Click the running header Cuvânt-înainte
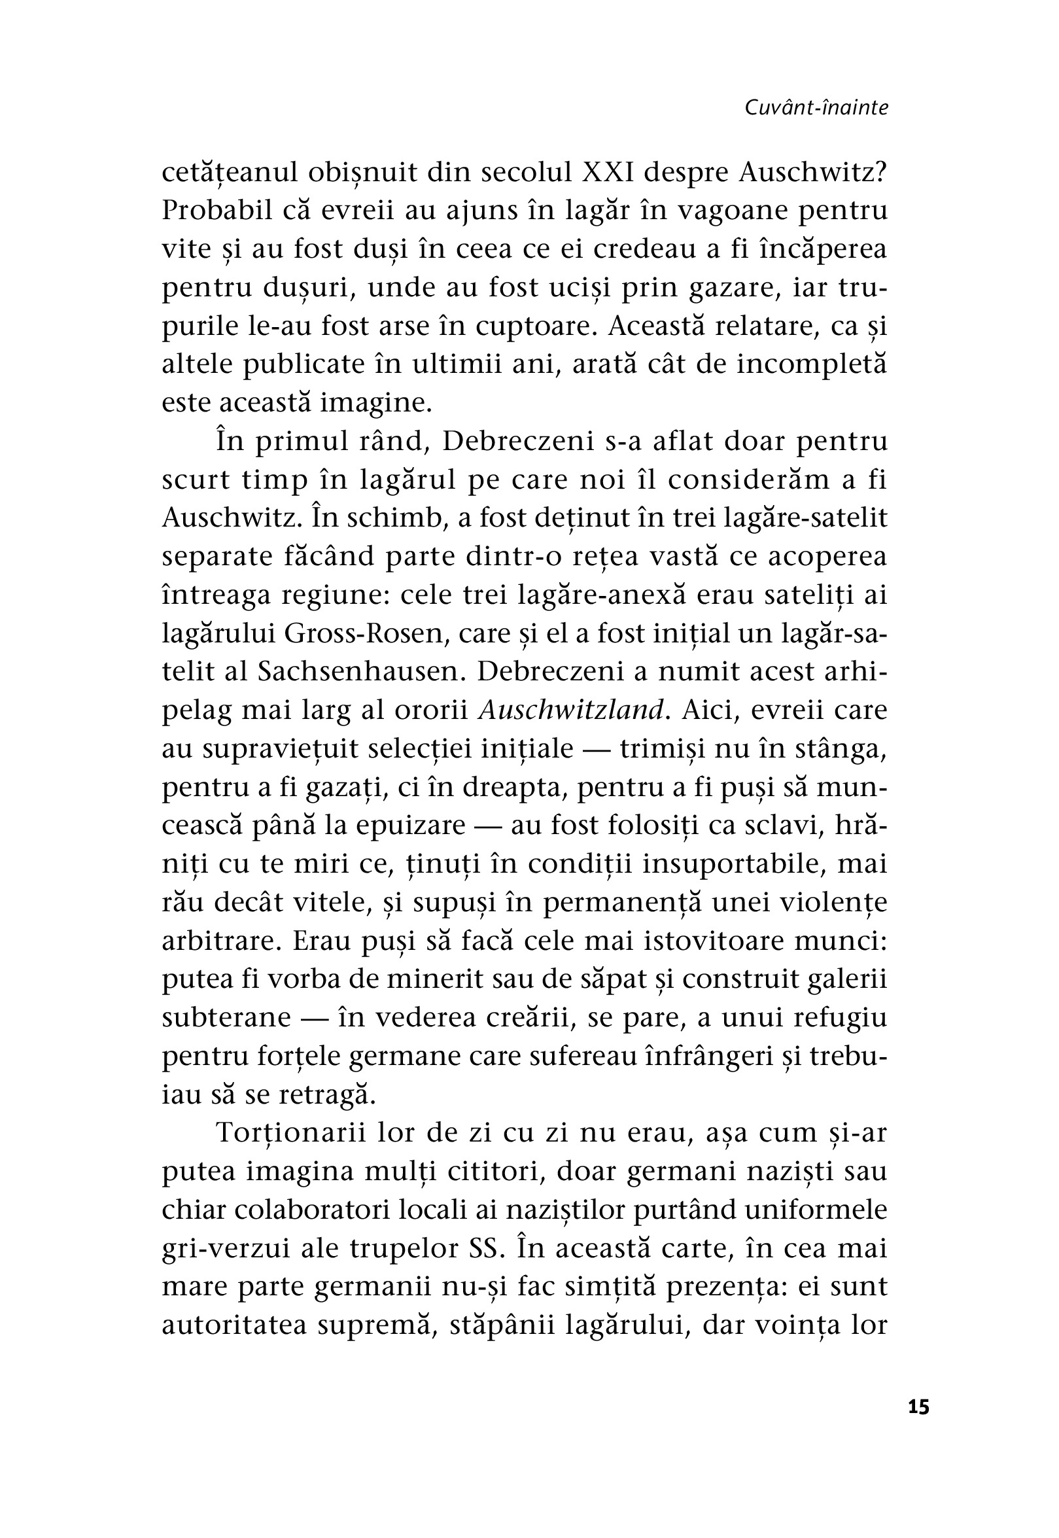(816, 108)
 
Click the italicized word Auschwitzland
(570, 710)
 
